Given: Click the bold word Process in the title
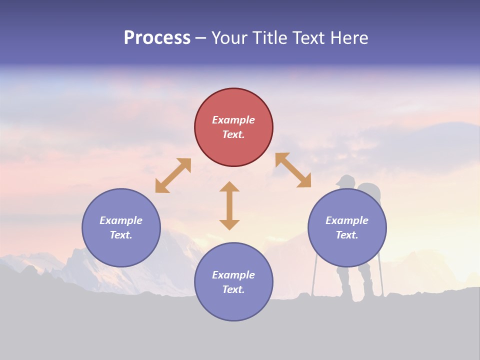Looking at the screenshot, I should tap(157, 38).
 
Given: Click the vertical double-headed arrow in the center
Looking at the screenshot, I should tap(229, 205).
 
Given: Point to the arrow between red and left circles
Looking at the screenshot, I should tap(173, 175).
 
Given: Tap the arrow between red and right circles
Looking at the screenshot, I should tap(293, 170).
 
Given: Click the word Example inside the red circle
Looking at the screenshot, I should tap(233, 120).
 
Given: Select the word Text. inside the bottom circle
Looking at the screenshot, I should tap(233, 289).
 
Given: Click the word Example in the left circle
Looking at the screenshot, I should tap(121, 220).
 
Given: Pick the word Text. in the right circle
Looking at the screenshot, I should tap(347, 235).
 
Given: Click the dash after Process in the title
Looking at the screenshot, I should tap(200, 38).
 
